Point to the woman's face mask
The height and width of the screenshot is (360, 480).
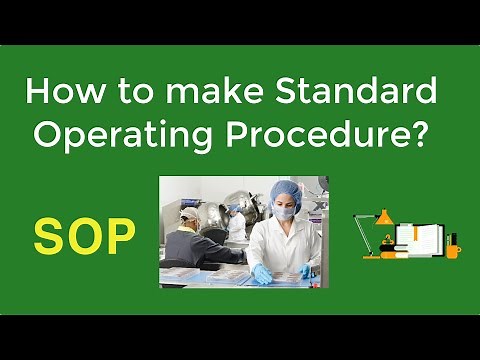286,211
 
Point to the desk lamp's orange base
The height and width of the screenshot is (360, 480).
370,255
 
